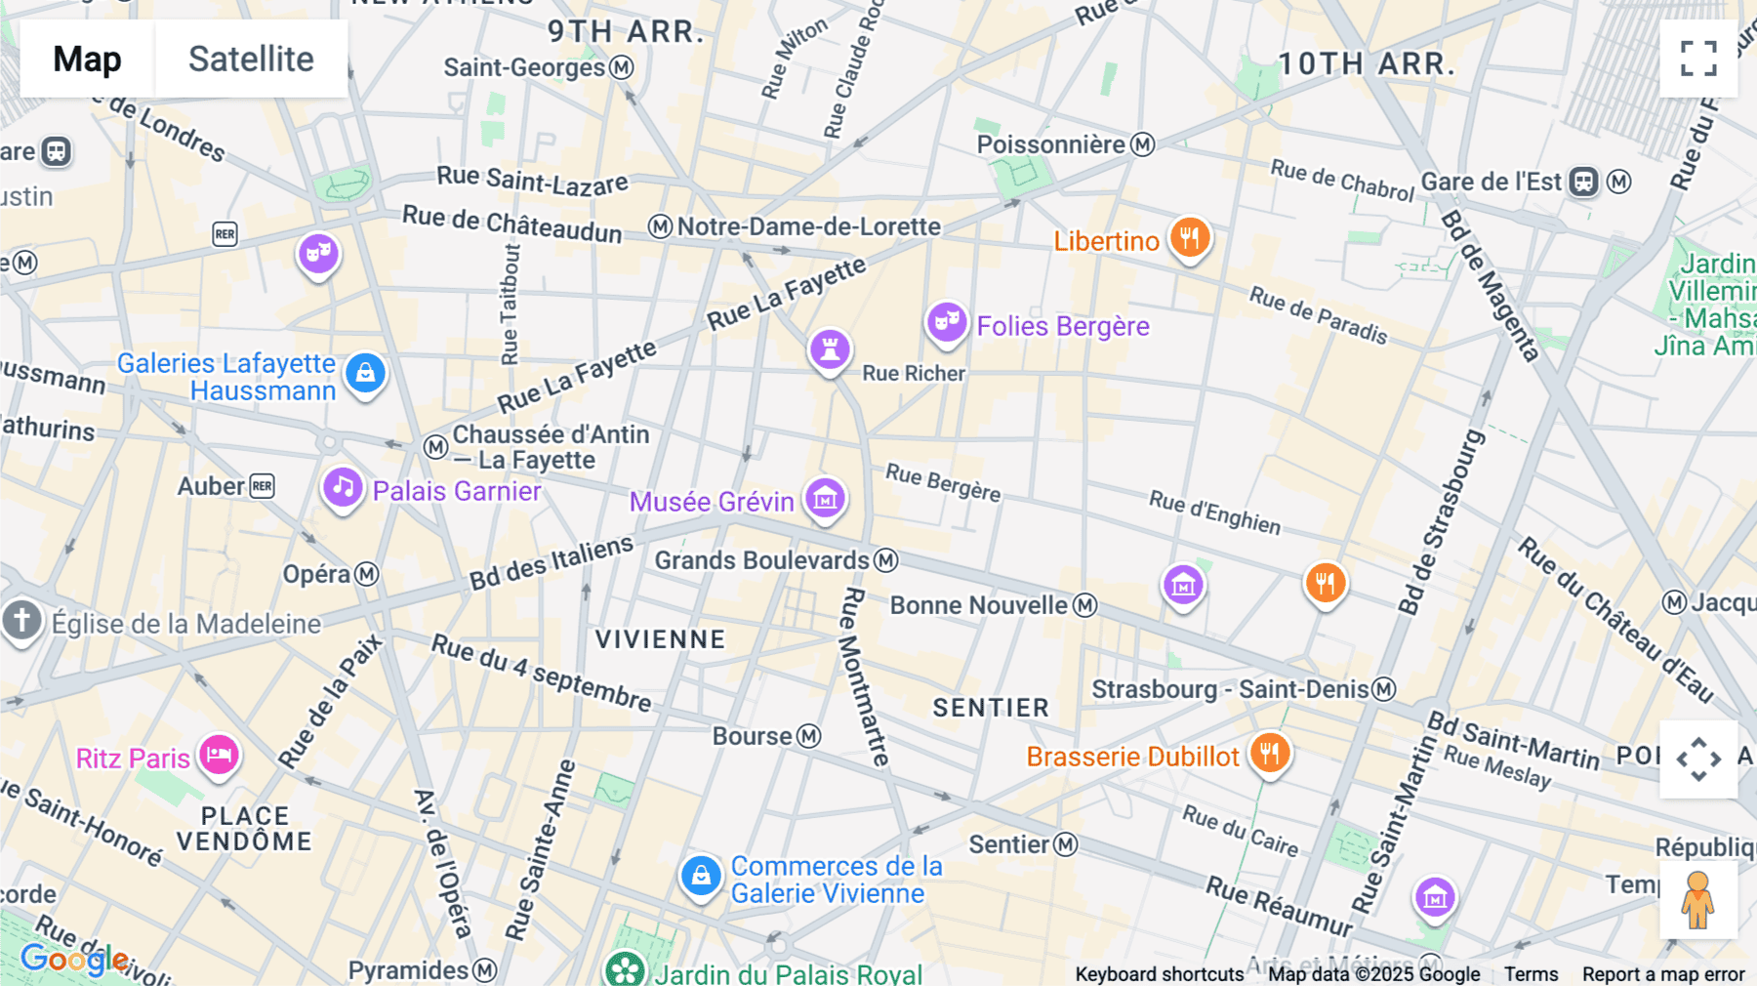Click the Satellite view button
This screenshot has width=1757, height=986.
pyautogui.click(x=251, y=59)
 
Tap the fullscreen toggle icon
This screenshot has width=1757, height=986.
pyautogui.click(x=1698, y=59)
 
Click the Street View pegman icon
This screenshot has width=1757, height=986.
pyautogui.click(x=1697, y=900)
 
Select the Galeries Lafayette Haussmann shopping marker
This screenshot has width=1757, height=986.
pyautogui.click(x=366, y=373)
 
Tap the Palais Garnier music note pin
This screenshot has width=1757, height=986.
pyautogui.click(x=343, y=486)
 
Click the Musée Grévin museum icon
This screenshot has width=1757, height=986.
pyautogui.click(x=825, y=499)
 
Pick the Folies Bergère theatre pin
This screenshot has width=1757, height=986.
pyautogui.click(x=946, y=321)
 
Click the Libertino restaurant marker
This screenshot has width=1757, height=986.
pyautogui.click(x=1189, y=237)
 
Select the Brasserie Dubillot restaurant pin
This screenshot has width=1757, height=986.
pyautogui.click(x=1269, y=754)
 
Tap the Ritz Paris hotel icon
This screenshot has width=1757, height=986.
pyautogui.click(x=219, y=755)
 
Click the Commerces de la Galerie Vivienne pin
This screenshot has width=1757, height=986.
pyautogui.click(x=701, y=876)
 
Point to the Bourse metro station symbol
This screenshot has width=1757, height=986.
pyautogui.click(x=809, y=736)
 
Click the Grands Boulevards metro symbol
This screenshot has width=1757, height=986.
pyautogui.click(x=885, y=560)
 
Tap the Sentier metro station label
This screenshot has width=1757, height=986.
pyautogui.click(x=1009, y=844)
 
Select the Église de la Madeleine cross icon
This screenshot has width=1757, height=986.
pyautogui.click(x=21, y=620)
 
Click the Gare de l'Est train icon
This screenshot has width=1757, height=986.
pyautogui.click(x=1583, y=182)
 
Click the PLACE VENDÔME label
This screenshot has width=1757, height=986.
pyautogui.click(x=244, y=829)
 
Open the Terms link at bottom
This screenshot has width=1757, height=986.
pyautogui.click(x=1531, y=973)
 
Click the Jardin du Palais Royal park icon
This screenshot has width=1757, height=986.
pyautogui.click(x=625, y=968)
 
